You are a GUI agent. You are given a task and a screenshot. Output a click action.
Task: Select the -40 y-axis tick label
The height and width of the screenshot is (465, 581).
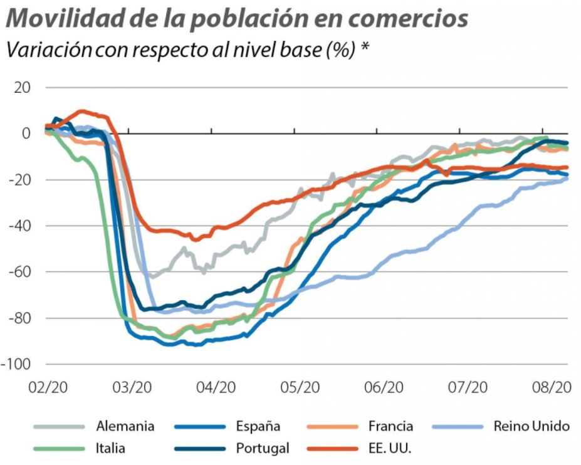pyautogui.click(x=18, y=226)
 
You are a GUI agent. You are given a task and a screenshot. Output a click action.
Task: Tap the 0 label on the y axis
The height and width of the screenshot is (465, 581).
pyautogui.click(x=26, y=133)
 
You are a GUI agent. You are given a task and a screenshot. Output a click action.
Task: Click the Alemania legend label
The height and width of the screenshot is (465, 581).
pyautogui.click(x=125, y=427)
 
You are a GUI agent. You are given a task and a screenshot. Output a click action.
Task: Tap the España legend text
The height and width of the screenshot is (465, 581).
pyautogui.click(x=258, y=427)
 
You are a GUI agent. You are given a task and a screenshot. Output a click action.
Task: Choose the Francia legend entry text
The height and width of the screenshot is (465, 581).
pyautogui.click(x=390, y=427)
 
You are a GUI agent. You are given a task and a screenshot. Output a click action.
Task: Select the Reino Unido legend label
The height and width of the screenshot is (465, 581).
pyautogui.click(x=531, y=427)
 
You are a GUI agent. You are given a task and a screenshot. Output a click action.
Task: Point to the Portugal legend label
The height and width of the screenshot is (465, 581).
pyautogui.click(x=263, y=448)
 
